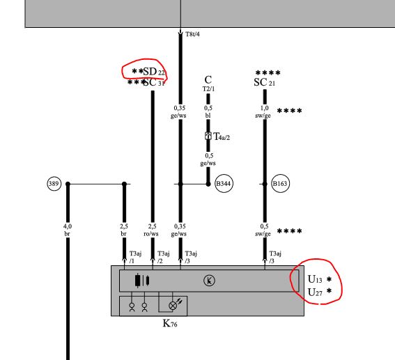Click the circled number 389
(x=54, y=184)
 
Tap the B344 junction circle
(x=224, y=183)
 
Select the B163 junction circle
(x=280, y=183)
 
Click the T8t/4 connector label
(x=192, y=34)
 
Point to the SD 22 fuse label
(x=154, y=72)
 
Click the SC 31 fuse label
(x=154, y=82)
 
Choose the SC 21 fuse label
(x=264, y=82)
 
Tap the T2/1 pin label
(x=208, y=89)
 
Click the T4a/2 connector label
(x=222, y=136)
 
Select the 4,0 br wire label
(x=68, y=230)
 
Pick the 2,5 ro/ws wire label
(x=151, y=230)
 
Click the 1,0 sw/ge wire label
(x=263, y=111)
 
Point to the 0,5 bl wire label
(x=208, y=111)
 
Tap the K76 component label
(x=170, y=323)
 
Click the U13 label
(x=315, y=279)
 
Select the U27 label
(x=315, y=292)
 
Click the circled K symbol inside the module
(x=209, y=281)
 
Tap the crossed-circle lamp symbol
(x=173, y=306)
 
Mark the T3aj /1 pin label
(x=135, y=257)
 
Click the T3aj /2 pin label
(x=163, y=257)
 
